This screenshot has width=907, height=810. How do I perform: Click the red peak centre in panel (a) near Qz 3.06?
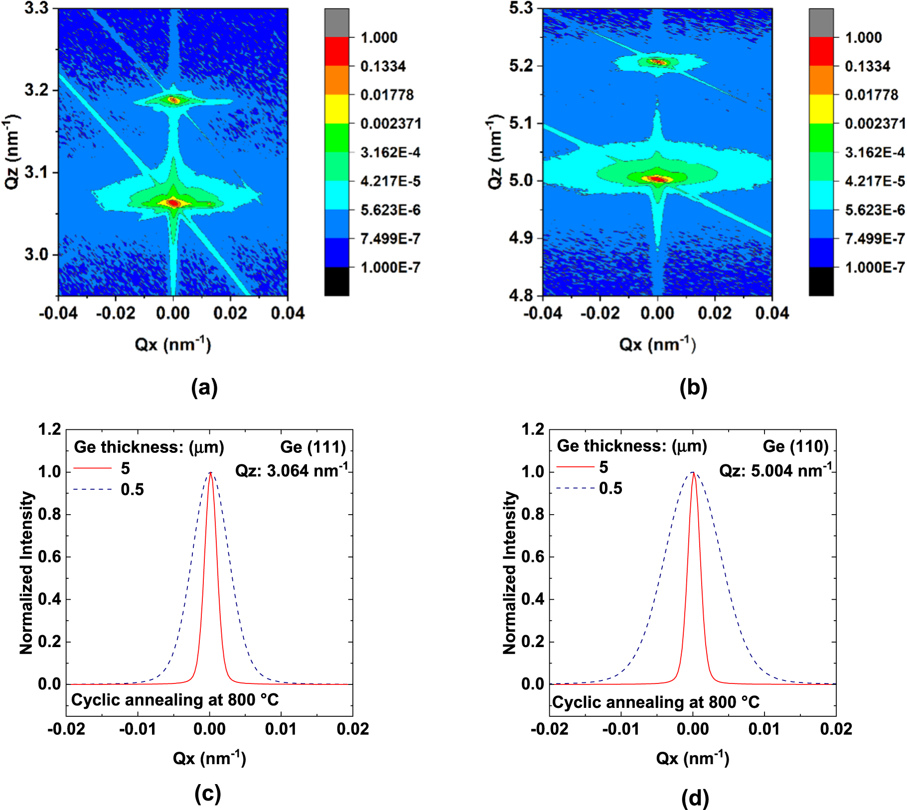[x=173, y=203]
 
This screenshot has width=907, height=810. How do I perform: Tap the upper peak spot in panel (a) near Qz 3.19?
[x=173, y=100]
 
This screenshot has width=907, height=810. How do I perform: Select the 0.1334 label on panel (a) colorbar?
[x=383, y=66]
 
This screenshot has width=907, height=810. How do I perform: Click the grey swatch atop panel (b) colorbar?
[x=821, y=22]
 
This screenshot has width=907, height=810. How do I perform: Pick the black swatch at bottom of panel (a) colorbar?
[x=336, y=281]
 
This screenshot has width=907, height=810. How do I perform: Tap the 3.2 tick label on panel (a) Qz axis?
[x=36, y=90]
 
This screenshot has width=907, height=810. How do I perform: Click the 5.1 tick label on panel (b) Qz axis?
[x=521, y=123]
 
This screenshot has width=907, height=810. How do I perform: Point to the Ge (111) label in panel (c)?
[x=313, y=447]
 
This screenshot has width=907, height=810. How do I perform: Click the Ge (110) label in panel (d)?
[x=795, y=446]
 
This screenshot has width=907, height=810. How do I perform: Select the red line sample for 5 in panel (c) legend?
[x=93, y=468]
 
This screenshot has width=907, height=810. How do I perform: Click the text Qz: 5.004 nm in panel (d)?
[x=775, y=470]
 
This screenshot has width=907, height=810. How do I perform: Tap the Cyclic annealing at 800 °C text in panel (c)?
[x=175, y=700]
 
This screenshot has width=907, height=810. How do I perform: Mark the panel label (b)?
[x=693, y=387]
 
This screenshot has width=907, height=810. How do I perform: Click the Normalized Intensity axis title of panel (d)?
[x=510, y=572]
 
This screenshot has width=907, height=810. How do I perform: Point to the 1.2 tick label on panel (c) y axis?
[x=50, y=429]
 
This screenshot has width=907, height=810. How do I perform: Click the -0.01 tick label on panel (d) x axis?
[x=620, y=729]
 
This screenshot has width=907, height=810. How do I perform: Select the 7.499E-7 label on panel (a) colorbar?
[x=390, y=239]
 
